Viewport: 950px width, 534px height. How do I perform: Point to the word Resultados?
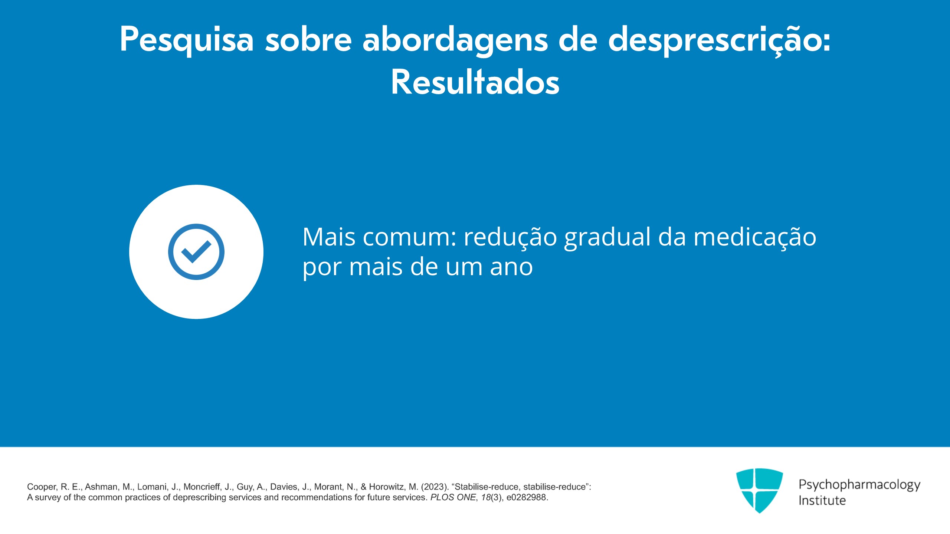coord(475,82)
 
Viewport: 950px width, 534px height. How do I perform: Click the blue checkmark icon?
coord(196,252)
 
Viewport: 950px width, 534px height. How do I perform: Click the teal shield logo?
coord(759,491)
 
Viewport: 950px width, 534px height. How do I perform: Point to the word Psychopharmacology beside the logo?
coord(859,485)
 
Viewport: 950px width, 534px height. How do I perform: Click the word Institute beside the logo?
coord(822,501)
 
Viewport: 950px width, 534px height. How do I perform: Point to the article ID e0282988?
coord(527,497)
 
